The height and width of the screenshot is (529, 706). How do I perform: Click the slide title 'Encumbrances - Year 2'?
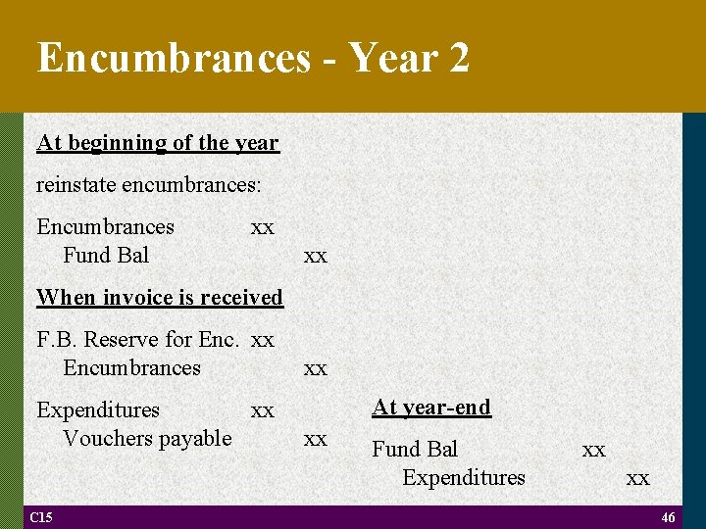pos(253,58)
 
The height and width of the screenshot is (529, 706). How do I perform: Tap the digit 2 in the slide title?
pos(457,58)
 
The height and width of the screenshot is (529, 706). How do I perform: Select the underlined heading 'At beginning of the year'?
pos(158,143)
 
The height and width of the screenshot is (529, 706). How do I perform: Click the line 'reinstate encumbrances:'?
pos(148,184)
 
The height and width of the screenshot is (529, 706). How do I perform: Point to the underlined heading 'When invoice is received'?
pos(160,297)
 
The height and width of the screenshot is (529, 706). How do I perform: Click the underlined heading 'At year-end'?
pos(431,407)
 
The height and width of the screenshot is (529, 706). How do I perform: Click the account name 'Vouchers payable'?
pos(147,438)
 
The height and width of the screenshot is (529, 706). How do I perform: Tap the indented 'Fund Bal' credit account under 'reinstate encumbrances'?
pos(106,255)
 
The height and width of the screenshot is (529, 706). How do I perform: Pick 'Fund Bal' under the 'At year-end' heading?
pos(415,449)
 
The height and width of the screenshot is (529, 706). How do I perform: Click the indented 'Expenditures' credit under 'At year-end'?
pos(464,477)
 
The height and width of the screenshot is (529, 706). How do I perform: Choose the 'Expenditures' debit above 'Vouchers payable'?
pos(98,409)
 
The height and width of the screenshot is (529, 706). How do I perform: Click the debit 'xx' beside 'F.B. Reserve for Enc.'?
pos(263,340)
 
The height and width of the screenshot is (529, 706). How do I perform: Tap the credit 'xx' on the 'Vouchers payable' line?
pos(315,439)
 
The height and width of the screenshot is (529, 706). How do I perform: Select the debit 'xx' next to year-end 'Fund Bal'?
pos(593,450)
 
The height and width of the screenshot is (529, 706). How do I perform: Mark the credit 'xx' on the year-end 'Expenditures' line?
pos(637,478)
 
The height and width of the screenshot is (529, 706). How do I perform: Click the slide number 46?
pos(668,518)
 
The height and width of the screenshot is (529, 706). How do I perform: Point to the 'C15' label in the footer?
pos(40,517)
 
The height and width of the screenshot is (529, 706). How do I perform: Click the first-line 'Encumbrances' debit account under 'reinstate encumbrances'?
pos(105,226)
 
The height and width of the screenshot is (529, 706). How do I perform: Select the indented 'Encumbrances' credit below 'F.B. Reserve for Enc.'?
pos(131,368)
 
